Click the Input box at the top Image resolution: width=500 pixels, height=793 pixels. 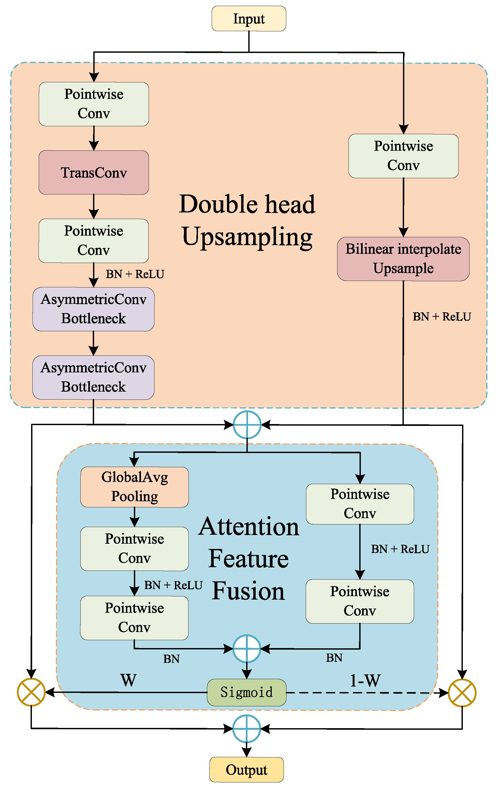pyautogui.click(x=249, y=19)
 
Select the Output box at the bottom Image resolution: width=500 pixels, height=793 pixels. pyautogui.click(x=246, y=770)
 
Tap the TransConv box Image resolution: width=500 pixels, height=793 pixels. pyautogui.click(x=94, y=173)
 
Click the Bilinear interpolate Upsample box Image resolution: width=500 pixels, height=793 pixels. pyautogui.click(x=403, y=259)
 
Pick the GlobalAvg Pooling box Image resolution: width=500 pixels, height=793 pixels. pyautogui.click(x=134, y=487)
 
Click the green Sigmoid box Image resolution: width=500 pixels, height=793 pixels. pyautogui.click(x=246, y=692)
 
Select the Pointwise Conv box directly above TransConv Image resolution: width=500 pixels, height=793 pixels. pyautogui.click(x=94, y=104)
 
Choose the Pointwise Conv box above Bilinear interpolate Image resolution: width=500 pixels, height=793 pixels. pyautogui.click(x=403, y=156)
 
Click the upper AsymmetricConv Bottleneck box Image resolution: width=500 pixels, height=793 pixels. pyautogui.click(x=94, y=309)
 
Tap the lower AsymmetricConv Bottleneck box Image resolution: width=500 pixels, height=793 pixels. pyautogui.click(x=94, y=377)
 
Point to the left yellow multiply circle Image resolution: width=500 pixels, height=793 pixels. pyautogui.click(x=31, y=692)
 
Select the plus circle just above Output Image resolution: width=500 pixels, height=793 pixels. pyautogui.click(x=247, y=729)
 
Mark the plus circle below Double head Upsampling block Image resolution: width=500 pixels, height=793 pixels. pyautogui.click(x=247, y=425)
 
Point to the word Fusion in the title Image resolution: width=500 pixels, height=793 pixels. pyautogui.click(x=248, y=591)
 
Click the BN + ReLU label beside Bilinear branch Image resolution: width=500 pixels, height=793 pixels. pyautogui.click(x=442, y=317)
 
